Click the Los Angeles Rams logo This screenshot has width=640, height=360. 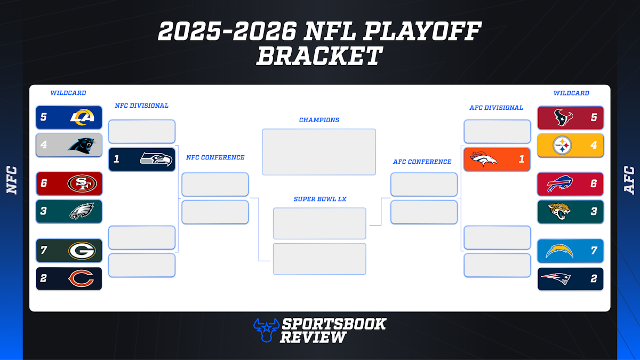point(82,117)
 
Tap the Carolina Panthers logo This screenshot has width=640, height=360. point(81,145)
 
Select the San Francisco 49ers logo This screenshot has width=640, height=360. point(82,184)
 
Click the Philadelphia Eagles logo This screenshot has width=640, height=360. point(82,212)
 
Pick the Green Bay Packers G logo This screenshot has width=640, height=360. point(82,251)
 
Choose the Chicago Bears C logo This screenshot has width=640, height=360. point(82,278)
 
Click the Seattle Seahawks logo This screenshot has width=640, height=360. point(156,159)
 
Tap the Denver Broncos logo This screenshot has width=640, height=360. point(484,159)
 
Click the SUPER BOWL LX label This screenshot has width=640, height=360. point(319,199)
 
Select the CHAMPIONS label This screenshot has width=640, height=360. point(319,120)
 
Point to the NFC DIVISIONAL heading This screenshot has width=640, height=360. point(141,106)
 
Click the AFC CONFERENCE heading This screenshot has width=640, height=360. point(422,162)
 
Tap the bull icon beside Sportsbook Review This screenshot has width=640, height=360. point(265,329)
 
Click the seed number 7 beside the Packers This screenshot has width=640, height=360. point(44,251)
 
